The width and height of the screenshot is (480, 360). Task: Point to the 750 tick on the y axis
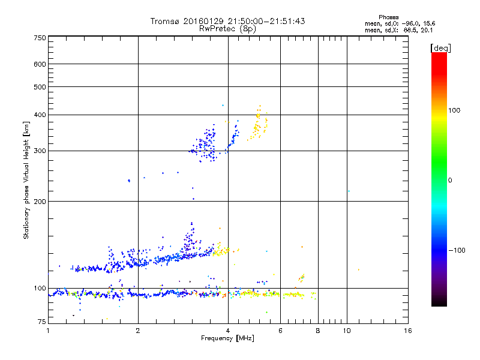pyautogui.click(x=40, y=38)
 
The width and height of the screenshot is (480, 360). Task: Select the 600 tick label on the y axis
pyautogui.click(x=40, y=64)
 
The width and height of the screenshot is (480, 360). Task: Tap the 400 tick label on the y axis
pyautogui.click(x=40, y=115)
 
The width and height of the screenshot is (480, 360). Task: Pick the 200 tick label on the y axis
pyautogui.click(x=40, y=202)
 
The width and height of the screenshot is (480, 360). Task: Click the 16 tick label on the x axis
pyautogui.click(x=408, y=331)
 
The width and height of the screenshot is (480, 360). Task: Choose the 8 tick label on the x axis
pyautogui.click(x=318, y=331)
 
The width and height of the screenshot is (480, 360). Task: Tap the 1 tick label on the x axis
pyautogui.click(x=49, y=331)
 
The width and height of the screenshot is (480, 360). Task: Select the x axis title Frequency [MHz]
pyautogui.click(x=227, y=339)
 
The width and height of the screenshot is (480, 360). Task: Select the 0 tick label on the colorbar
pyautogui.click(x=450, y=180)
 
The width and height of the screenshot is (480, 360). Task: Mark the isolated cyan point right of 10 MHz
pyautogui.click(x=349, y=191)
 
